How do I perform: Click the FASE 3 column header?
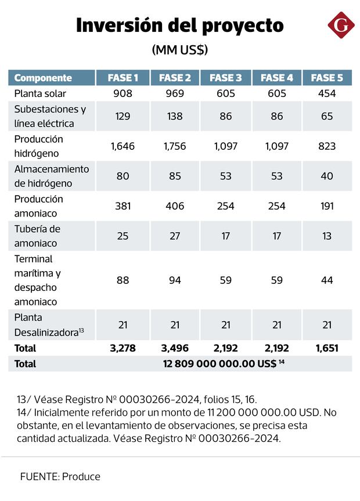click(226, 78)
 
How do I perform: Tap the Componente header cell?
click(43, 78)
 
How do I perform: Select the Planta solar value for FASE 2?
click(175, 93)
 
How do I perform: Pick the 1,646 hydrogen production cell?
click(123, 146)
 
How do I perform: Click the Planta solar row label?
click(40, 93)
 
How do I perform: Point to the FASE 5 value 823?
click(327, 146)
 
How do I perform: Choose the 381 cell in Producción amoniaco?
click(123, 206)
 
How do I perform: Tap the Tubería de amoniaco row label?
click(37, 236)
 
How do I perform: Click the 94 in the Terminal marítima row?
click(175, 280)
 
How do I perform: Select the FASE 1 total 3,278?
click(123, 348)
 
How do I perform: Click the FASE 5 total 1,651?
click(327, 348)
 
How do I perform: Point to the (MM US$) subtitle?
click(180, 50)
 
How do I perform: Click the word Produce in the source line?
click(81, 477)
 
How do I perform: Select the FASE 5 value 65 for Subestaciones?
click(327, 116)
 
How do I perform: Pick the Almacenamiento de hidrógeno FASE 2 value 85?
click(175, 175)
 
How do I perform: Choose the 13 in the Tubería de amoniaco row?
click(327, 236)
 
